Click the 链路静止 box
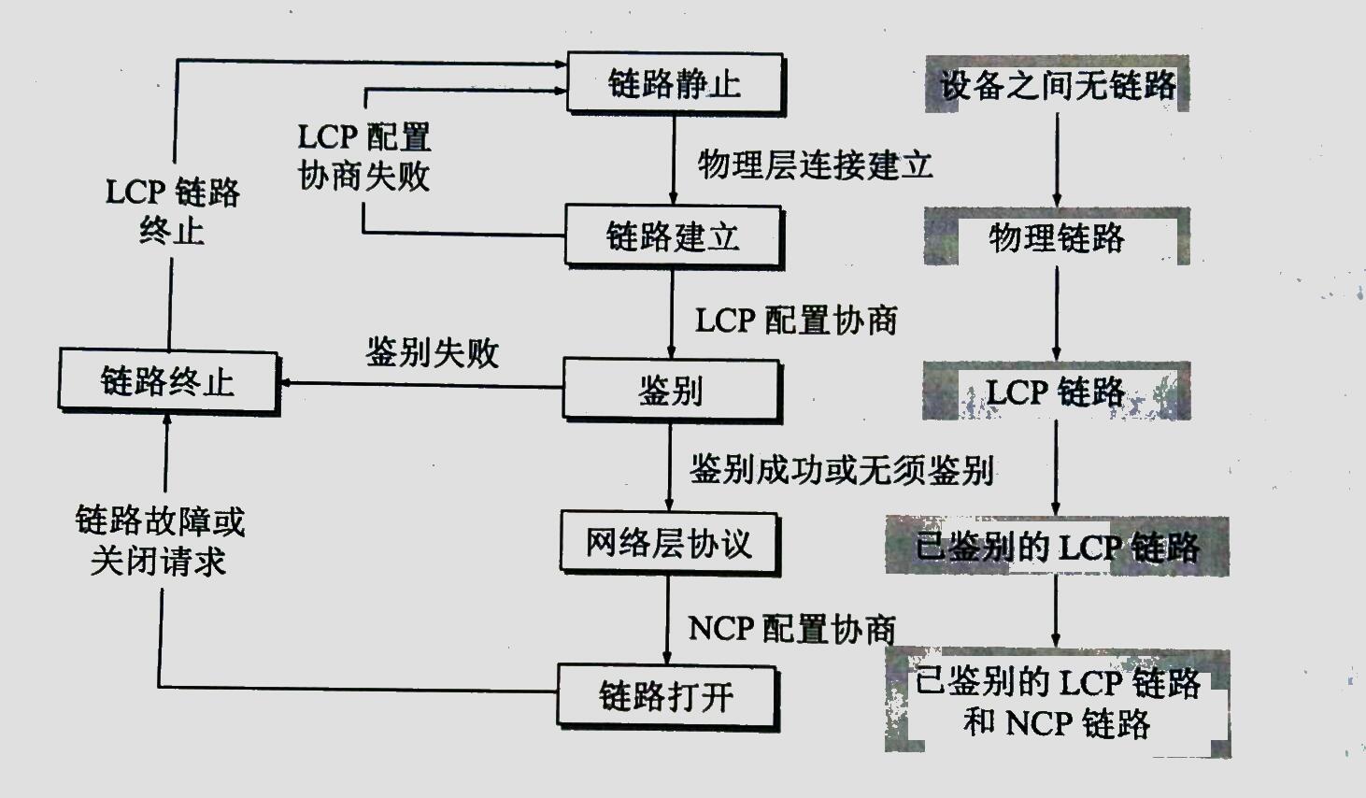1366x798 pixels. [675, 84]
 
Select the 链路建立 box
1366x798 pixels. [673, 236]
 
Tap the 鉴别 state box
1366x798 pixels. [670, 390]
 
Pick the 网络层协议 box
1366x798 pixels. [669, 542]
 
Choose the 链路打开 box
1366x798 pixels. [667, 696]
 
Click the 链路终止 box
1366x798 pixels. [168, 381]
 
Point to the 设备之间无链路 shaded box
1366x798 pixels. [1057, 85]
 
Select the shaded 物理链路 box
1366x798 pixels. [1057, 237]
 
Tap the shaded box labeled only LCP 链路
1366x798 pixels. [1057, 391]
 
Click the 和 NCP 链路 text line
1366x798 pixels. [1057, 722]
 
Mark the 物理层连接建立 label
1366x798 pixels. [815, 165]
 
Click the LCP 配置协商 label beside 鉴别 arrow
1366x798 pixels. [796, 321]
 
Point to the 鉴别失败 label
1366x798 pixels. [432, 353]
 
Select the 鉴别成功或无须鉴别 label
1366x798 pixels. [841, 469]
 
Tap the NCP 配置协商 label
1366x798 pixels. [792, 629]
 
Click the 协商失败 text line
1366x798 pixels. [364, 176]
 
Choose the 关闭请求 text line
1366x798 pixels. [159, 561]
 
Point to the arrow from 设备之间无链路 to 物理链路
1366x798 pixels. [1057, 159]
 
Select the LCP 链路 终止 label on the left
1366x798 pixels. [172, 211]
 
